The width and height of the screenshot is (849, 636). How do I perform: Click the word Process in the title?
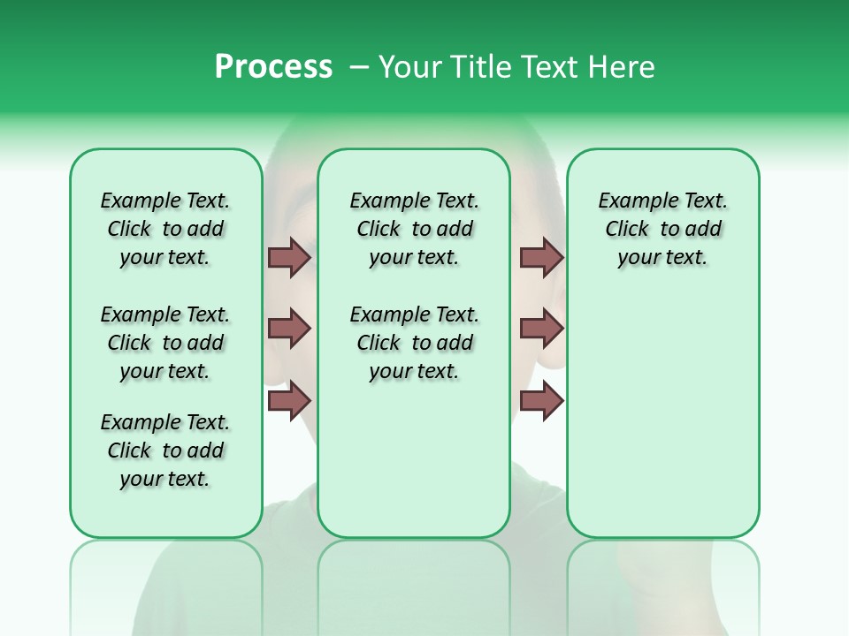point(273,67)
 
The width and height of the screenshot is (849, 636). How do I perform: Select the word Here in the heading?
point(622,67)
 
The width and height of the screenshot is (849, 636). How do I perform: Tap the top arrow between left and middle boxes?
point(289,257)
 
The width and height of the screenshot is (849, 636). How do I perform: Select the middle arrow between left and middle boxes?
point(289,329)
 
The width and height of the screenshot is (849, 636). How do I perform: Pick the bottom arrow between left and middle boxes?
point(289,400)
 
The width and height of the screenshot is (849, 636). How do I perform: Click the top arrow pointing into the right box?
point(541,257)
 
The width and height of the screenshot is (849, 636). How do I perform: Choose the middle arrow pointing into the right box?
point(541,329)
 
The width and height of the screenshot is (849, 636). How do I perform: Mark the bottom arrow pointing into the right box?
point(541,400)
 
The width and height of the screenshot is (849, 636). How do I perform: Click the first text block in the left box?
point(165,229)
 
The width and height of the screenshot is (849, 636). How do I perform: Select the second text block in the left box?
point(165,343)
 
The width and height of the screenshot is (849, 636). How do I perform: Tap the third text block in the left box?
point(165,450)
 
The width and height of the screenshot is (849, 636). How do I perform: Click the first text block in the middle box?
point(414,229)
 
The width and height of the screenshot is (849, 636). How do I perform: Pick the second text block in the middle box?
point(414,343)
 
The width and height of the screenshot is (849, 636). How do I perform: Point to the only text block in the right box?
point(662,229)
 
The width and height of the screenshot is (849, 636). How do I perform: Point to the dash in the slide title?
point(359,68)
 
